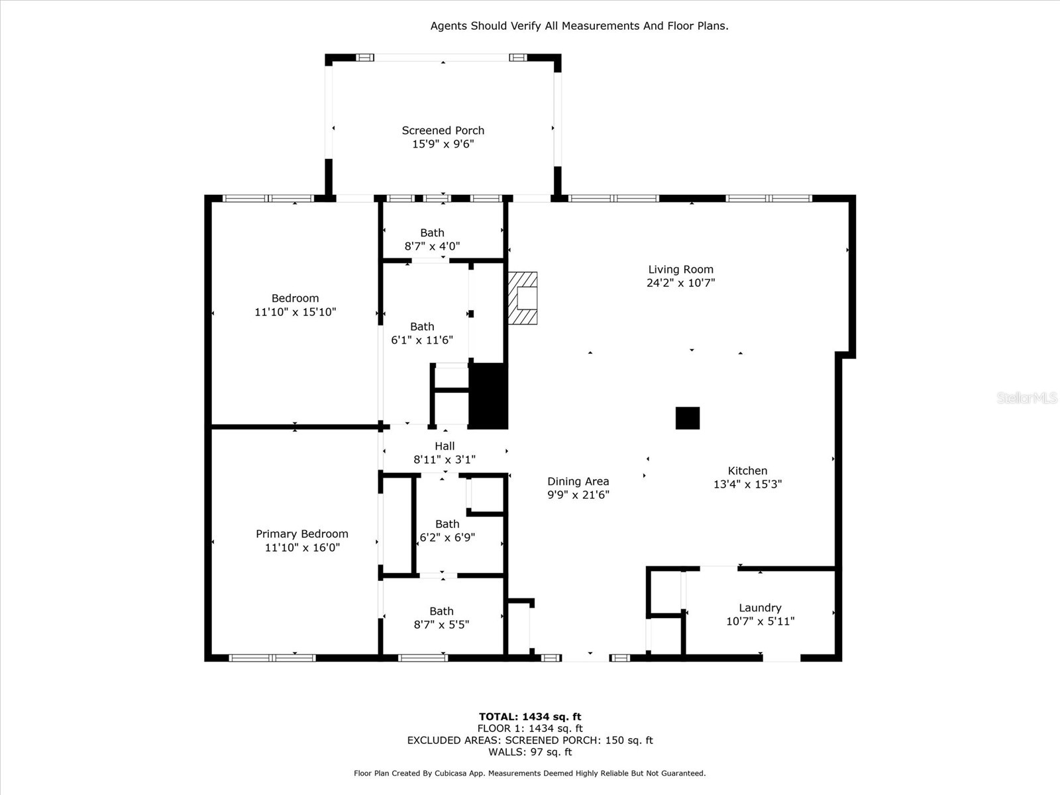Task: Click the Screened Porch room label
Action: (x=443, y=131)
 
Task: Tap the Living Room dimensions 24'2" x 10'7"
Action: (x=680, y=283)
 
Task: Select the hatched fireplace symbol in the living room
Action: (x=523, y=298)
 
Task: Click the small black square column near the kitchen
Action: (x=687, y=418)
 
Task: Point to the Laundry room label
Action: (x=760, y=608)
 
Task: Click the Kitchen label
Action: (x=747, y=471)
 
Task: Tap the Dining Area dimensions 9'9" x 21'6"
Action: (x=578, y=495)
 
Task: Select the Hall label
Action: (x=445, y=446)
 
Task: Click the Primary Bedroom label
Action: (x=302, y=534)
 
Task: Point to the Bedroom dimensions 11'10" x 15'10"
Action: (x=295, y=312)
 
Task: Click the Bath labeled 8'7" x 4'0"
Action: (x=432, y=239)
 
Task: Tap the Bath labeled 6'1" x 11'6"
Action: (x=422, y=333)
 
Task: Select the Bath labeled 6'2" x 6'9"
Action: (x=447, y=531)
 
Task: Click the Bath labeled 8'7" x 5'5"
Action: (x=441, y=617)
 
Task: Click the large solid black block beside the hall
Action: (x=488, y=396)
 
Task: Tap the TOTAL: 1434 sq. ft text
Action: (x=530, y=716)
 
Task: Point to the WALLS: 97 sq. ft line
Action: (x=530, y=752)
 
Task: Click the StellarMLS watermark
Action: (x=1027, y=397)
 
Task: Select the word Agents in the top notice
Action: (x=449, y=26)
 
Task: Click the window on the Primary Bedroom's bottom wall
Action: (x=272, y=658)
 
